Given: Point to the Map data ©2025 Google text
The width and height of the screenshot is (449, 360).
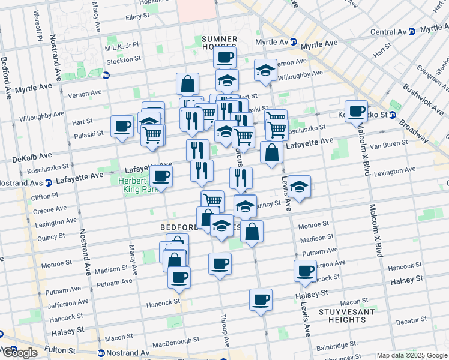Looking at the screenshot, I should [x=412, y=355].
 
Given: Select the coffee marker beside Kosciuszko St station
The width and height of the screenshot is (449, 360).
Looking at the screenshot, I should [x=356, y=112].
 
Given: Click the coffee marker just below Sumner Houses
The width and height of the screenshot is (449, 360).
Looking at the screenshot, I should [x=224, y=58].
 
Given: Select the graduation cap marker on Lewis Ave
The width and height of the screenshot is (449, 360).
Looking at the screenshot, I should [x=299, y=187].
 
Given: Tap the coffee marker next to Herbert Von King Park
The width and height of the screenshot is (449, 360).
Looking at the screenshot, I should [x=161, y=176].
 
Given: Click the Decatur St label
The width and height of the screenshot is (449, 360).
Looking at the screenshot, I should [x=411, y=321].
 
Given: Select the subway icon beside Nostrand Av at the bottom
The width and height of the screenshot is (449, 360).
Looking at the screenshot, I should [x=100, y=353].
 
